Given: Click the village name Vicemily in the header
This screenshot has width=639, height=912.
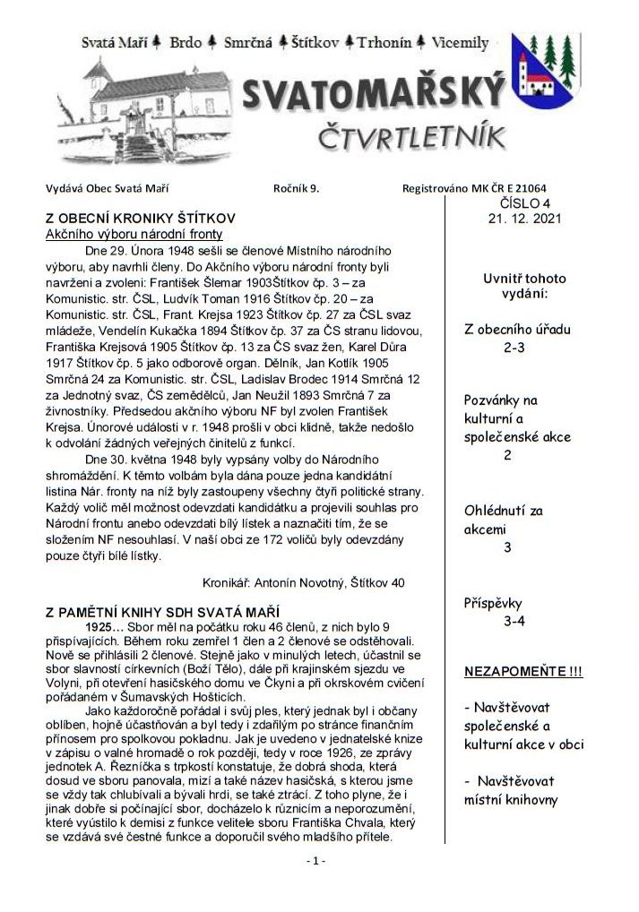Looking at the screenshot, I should click(x=461, y=42).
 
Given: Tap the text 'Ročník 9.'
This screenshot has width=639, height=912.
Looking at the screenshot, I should click(x=296, y=187).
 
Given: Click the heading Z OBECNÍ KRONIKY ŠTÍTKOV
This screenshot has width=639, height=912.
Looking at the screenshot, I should click(x=141, y=218).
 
